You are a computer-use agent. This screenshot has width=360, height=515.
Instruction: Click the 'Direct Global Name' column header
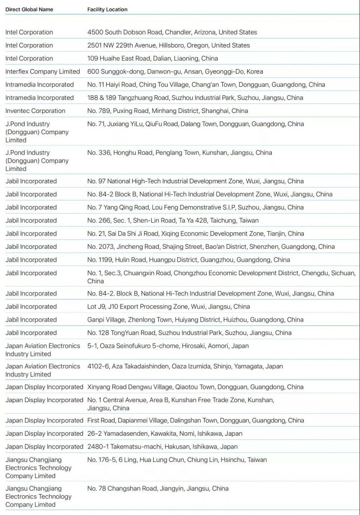(x=29, y=9)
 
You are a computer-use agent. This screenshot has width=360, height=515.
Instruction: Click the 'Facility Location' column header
(x=107, y=9)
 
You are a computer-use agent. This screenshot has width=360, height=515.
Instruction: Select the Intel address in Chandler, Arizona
(x=172, y=32)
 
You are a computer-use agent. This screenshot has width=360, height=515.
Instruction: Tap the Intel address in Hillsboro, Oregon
(x=168, y=45)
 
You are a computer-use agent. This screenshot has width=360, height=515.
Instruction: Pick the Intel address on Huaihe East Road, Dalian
(x=152, y=58)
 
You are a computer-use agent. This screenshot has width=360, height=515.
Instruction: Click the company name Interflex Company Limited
(x=42, y=72)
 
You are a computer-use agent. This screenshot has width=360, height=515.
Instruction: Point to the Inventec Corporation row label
(x=35, y=111)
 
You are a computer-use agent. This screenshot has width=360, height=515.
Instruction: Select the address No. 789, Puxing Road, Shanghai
(x=167, y=111)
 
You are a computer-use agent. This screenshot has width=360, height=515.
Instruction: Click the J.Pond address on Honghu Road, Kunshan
(x=180, y=152)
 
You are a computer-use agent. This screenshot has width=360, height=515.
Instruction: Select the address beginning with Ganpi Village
(x=195, y=320)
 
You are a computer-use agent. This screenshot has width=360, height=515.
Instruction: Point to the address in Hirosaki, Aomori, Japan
(x=168, y=346)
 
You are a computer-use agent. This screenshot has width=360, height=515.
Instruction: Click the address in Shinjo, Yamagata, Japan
(x=185, y=366)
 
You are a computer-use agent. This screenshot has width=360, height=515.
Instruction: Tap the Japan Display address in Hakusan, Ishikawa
(x=162, y=447)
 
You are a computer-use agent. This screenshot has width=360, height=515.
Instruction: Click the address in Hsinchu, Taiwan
(x=177, y=460)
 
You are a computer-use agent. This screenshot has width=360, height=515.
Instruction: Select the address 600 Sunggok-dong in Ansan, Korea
(x=175, y=72)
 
